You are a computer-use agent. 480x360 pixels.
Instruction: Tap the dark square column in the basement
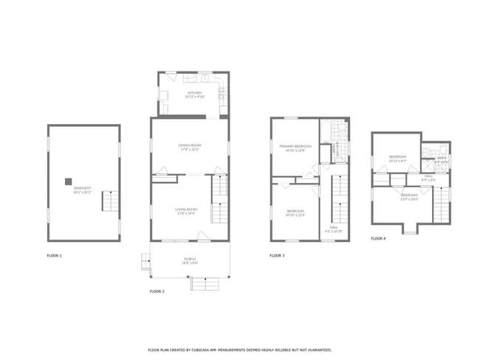[x=68, y=181]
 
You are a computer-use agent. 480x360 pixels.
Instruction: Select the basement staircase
[x=109, y=201]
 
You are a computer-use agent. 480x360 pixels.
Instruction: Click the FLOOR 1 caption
[x=54, y=255]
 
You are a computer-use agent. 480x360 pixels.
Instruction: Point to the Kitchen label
[x=193, y=94]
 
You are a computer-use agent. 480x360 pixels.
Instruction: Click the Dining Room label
[x=190, y=147]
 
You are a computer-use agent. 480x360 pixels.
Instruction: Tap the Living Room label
[x=186, y=211]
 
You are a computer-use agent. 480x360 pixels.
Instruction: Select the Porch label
[x=190, y=260]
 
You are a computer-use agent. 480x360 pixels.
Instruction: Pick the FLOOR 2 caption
[x=157, y=291]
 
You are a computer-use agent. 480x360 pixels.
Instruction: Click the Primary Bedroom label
[x=295, y=148]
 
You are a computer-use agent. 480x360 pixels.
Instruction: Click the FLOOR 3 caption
[x=277, y=255]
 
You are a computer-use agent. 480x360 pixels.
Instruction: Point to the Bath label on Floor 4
[x=442, y=159]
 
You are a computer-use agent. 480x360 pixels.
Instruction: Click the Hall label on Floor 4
[x=428, y=178]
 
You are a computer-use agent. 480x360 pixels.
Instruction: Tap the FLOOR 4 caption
[x=377, y=238]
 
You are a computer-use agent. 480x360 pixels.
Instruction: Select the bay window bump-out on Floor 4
[x=409, y=228]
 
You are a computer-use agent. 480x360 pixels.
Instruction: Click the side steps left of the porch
[x=145, y=261]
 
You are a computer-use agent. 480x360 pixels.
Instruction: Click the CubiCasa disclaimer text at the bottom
[x=240, y=350]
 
